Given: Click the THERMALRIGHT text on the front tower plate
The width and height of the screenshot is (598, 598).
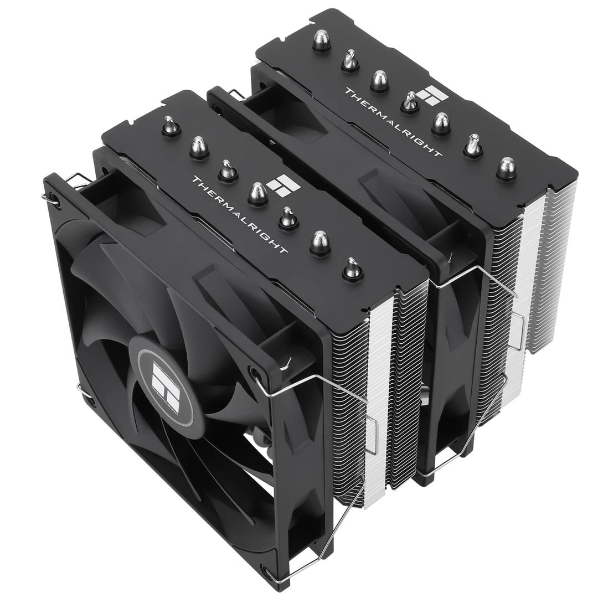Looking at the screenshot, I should pos(239,215).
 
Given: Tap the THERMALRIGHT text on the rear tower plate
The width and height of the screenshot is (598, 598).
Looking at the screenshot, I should pos(393,122).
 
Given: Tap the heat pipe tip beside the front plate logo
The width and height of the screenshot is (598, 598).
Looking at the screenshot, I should pos(258,194).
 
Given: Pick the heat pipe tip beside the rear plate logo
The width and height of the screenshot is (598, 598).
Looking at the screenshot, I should pos(409,102).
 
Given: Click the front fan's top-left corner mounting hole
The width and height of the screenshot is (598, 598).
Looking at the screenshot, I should pos(54,198).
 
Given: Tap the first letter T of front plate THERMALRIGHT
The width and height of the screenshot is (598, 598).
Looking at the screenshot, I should pos(195,181).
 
